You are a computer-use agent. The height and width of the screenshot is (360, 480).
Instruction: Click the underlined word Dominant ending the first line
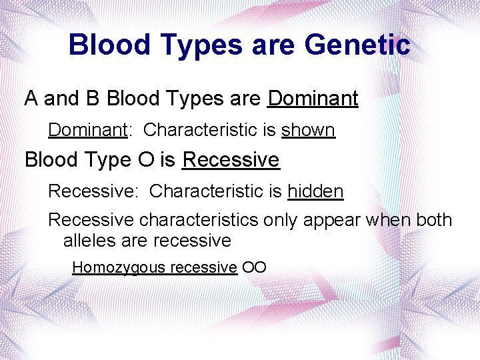tap(313, 99)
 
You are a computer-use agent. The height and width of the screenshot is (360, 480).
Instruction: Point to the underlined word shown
tap(308, 129)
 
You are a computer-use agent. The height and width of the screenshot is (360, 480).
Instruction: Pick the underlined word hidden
tap(315, 192)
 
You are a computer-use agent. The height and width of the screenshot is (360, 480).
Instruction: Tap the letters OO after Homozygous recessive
tap(254, 267)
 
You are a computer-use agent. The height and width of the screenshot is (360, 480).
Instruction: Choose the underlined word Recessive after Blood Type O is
tap(231, 160)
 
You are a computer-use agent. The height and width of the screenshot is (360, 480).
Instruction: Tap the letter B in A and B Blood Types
tap(92, 99)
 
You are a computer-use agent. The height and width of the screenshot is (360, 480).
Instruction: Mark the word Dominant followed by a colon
tap(87, 129)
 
